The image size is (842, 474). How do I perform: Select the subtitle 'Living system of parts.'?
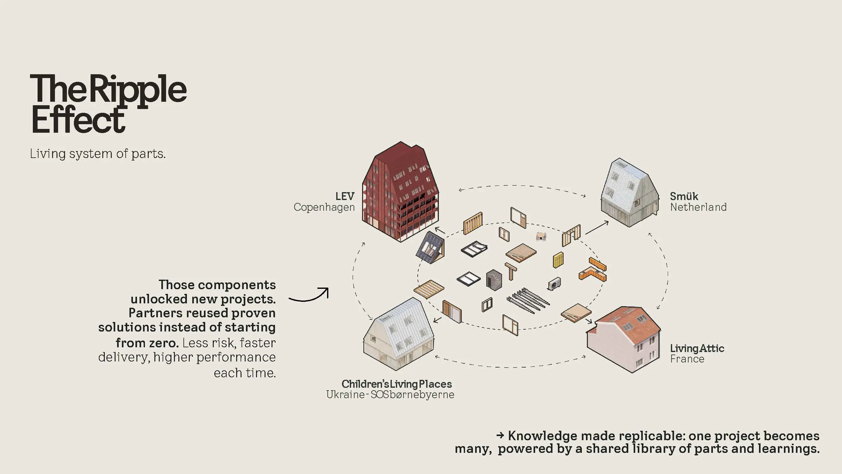98,154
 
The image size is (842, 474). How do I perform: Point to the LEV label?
344,196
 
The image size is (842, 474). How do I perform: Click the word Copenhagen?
324,207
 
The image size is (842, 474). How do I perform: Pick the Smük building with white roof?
629,193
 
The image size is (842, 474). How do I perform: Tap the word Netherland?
698,207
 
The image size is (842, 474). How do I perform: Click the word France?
687,359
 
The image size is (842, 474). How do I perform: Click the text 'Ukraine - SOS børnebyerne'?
390,395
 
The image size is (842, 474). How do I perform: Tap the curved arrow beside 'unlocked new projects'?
309,295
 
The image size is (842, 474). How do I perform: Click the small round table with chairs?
541,236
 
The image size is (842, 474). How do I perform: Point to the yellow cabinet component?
558,260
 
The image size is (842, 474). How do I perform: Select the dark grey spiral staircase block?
493,280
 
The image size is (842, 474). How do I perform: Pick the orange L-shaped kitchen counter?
592,274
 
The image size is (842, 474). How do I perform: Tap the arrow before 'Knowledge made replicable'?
500,435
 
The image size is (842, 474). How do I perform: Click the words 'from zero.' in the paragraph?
147,343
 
